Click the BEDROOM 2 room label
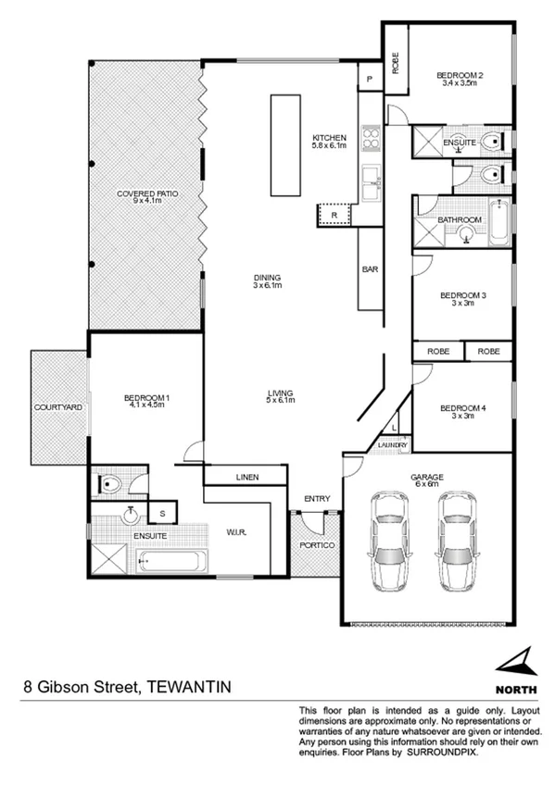click(x=460, y=75)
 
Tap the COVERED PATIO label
click(x=146, y=193)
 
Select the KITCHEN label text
click(x=329, y=138)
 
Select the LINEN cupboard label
click(x=246, y=478)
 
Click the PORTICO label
click(x=316, y=545)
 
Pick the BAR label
click(x=368, y=269)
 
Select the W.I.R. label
click(x=235, y=531)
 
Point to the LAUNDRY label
click(x=393, y=446)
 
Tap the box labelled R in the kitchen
click(x=334, y=215)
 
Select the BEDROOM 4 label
click(x=461, y=408)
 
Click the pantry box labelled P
click(x=370, y=80)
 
